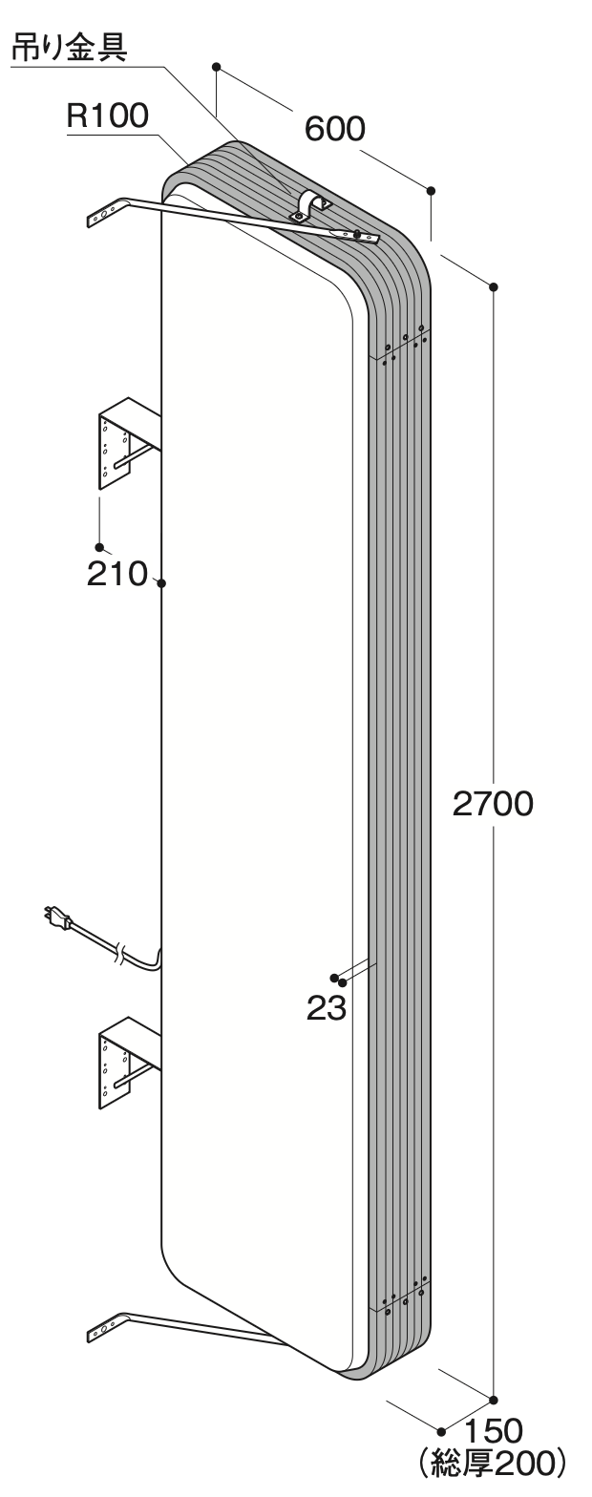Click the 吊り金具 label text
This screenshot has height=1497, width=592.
[x=70, y=48]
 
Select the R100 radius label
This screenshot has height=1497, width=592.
[x=108, y=116]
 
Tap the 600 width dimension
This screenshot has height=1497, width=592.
[x=335, y=128]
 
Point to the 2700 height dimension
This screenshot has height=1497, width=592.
[x=493, y=804]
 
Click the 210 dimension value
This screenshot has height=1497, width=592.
[x=116, y=574]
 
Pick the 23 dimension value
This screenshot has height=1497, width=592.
[x=326, y=1008]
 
